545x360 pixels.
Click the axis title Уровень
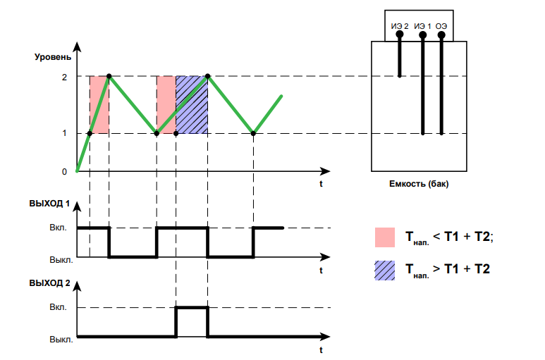[x=53, y=56]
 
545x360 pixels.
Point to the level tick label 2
[x=64, y=76]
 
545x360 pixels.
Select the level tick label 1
[x=64, y=133]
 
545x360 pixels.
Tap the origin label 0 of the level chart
[x=64, y=171]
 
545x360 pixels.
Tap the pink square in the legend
[x=385, y=237]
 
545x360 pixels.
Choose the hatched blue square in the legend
[x=385, y=269]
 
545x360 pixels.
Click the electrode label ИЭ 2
[x=400, y=26]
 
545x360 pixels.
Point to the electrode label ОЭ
[x=441, y=26]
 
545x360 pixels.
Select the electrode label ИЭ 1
[x=421, y=26]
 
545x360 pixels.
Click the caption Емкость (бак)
[x=419, y=184]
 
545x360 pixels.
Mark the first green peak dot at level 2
[x=109, y=76]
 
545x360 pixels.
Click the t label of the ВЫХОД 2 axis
[x=321, y=349]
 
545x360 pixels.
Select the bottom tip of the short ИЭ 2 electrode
[x=400, y=75]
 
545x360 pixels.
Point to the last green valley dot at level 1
[x=253, y=133]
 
